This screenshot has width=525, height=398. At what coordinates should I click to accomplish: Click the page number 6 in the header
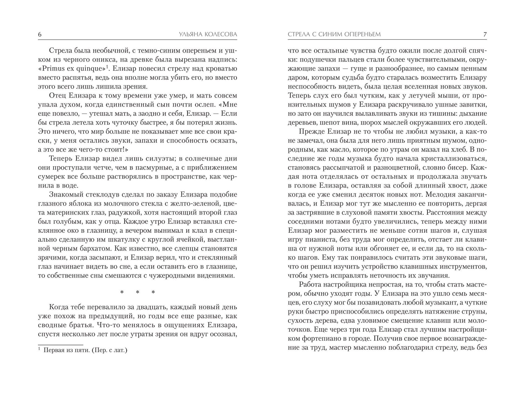tap(40, 35)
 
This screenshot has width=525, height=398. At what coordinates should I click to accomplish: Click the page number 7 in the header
tap(485, 35)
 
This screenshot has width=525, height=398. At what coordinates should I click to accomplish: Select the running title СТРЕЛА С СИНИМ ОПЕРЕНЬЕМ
tap(334, 35)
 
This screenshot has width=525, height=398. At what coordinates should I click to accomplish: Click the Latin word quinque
tap(90, 68)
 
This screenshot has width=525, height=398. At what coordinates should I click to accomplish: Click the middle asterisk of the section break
tap(138, 292)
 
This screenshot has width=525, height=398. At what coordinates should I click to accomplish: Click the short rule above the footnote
tap(60, 345)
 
